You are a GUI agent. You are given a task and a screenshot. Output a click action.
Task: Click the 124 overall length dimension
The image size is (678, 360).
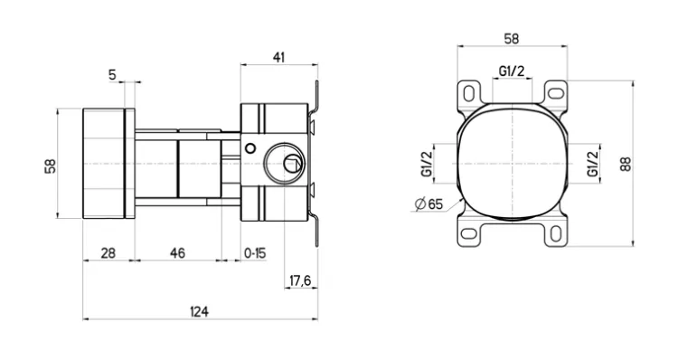coord(199,311)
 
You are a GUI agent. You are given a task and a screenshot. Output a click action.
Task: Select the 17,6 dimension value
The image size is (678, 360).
coord(300,280)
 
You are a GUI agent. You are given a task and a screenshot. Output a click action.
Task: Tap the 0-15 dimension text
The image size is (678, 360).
coord(255,253)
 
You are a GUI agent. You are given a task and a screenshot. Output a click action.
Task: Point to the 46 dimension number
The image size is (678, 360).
coord(177,253)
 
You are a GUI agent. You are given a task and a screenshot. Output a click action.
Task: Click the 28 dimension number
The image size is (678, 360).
coord(108,253)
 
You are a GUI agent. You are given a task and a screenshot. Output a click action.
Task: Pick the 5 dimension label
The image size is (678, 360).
coord(112,75)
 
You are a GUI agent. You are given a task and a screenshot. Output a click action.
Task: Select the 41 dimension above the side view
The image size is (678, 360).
coord(279,57)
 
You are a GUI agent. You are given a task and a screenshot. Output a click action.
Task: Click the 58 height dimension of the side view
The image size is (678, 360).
coord(51,166)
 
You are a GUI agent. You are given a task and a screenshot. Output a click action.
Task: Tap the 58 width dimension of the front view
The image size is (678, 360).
coord(512,39)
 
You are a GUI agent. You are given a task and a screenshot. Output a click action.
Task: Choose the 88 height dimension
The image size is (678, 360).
coord(626,164)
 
